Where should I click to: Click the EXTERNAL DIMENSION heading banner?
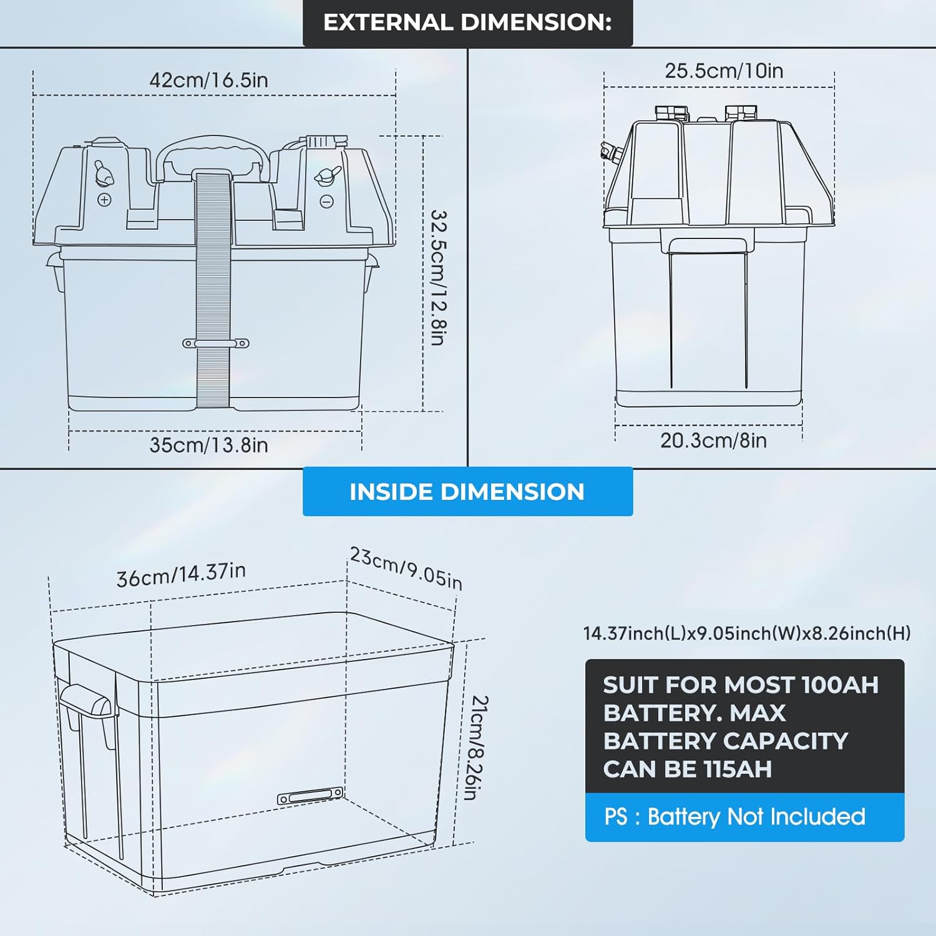pyautogui.click(x=467, y=23)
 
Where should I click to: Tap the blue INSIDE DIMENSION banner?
pyautogui.click(x=467, y=492)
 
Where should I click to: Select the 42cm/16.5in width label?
pyautogui.click(x=208, y=80)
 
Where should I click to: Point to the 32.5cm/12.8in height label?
pyautogui.click(x=439, y=277)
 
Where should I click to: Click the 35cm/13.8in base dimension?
pyautogui.click(x=208, y=445)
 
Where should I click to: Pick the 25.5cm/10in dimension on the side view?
pyautogui.click(x=724, y=71)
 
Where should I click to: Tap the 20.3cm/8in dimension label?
pyautogui.click(x=713, y=441)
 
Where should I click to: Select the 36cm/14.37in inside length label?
pyautogui.click(x=181, y=574)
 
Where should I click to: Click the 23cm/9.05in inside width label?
pyautogui.click(x=406, y=568)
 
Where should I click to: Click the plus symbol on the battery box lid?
pyautogui.click(x=104, y=200)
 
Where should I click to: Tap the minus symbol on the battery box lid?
pyautogui.click(x=326, y=202)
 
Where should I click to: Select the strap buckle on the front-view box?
pyautogui.click(x=215, y=344)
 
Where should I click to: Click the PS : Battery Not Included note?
pyautogui.click(x=734, y=817)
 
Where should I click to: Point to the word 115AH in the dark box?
pyautogui.click(x=737, y=769)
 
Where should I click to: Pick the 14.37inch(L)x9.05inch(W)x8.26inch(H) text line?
pyautogui.click(x=746, y=633)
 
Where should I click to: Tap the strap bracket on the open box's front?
pyautogui.click(x=310, y=796)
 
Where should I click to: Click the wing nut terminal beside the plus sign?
pyautogui.click(x=103, y=173)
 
